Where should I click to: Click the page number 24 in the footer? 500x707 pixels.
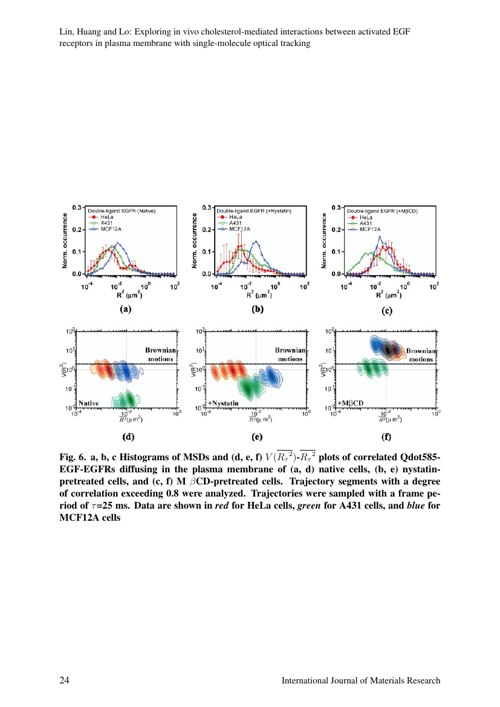coord(63,680)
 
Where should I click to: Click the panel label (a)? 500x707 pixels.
coord(125,310)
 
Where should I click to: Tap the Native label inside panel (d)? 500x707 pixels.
coord(88,402)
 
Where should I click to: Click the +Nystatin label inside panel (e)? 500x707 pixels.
coord(224,402)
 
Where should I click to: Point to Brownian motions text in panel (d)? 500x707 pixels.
coord(160,354)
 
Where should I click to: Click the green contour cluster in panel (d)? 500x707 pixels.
coord(127,400)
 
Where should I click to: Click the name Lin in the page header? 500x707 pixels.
coord(66,30)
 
